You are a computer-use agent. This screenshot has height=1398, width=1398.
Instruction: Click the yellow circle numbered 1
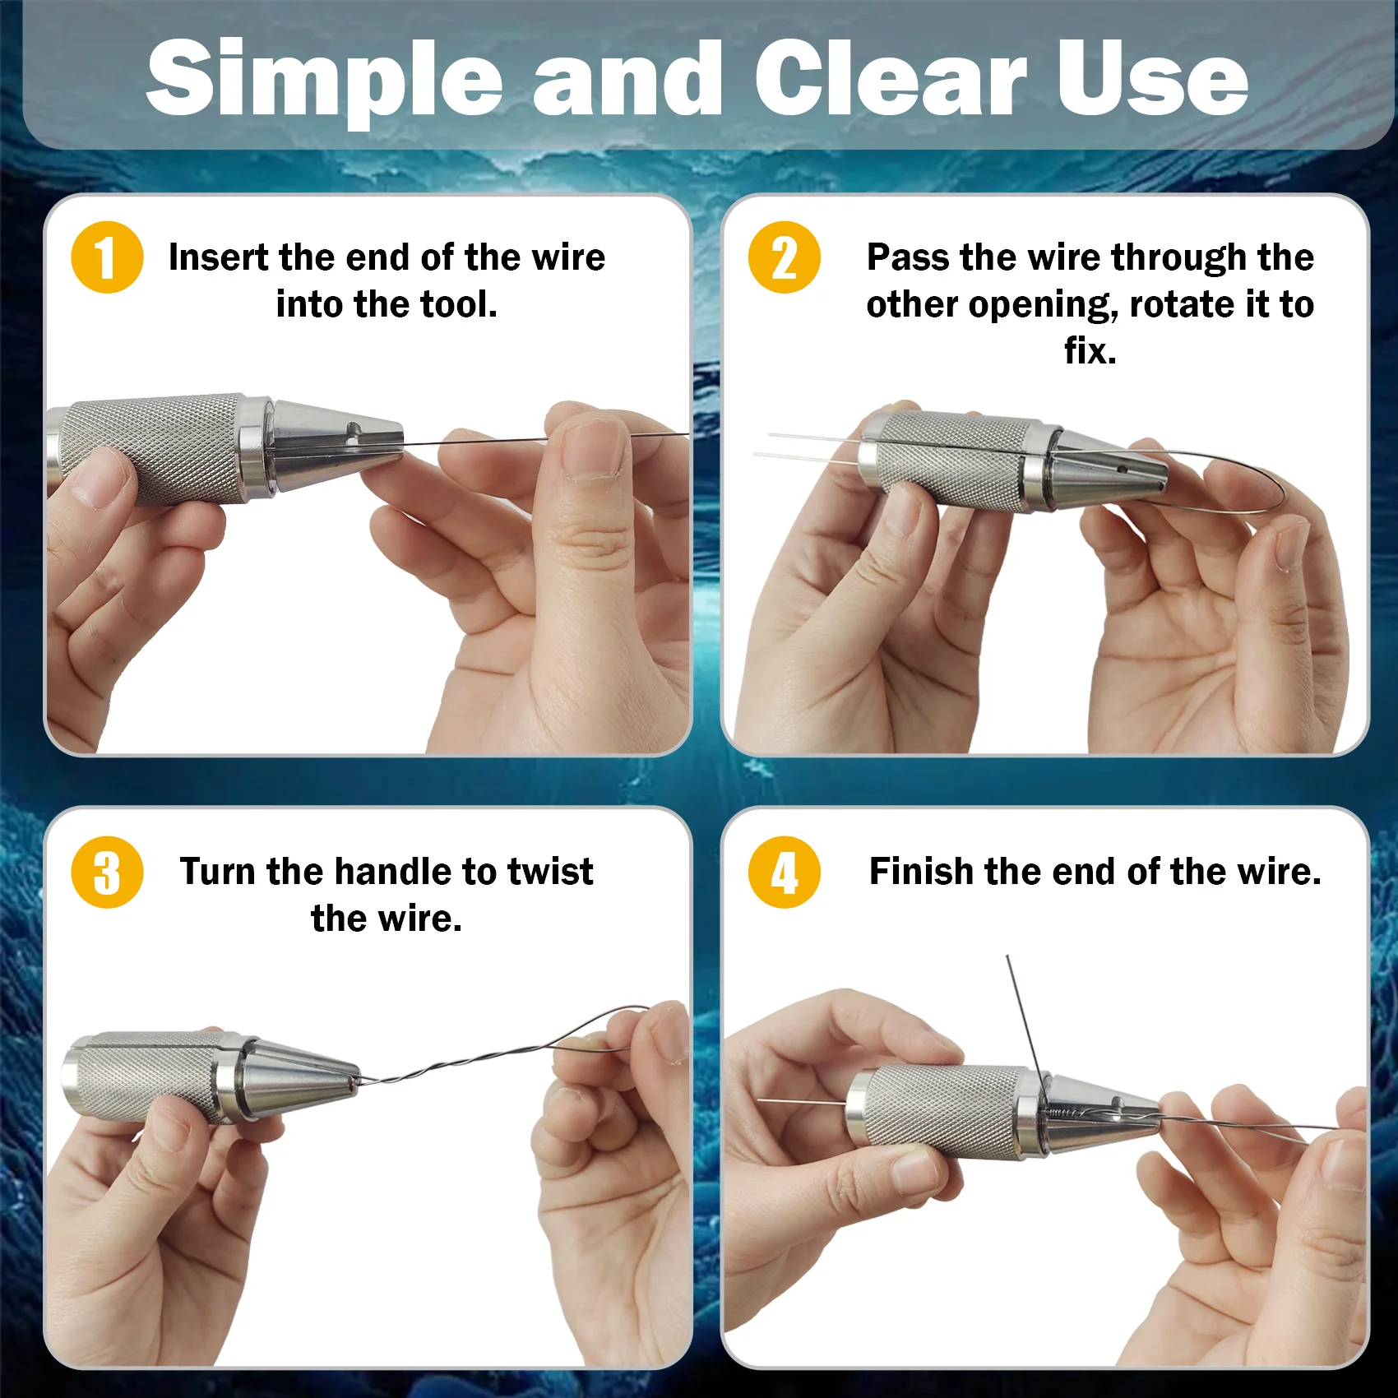(108, 257)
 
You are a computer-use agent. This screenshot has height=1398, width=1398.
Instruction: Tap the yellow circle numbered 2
(785, 257)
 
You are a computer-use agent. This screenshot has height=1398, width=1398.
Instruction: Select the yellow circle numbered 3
(108, 872)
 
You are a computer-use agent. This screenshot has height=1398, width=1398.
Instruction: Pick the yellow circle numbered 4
(785, 872)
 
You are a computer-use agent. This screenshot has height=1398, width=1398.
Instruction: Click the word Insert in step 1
(219, 257)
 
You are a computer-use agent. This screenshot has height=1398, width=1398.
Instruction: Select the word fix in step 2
(1090, 350)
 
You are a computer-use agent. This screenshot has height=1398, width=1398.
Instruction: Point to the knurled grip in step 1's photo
(156, 448)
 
